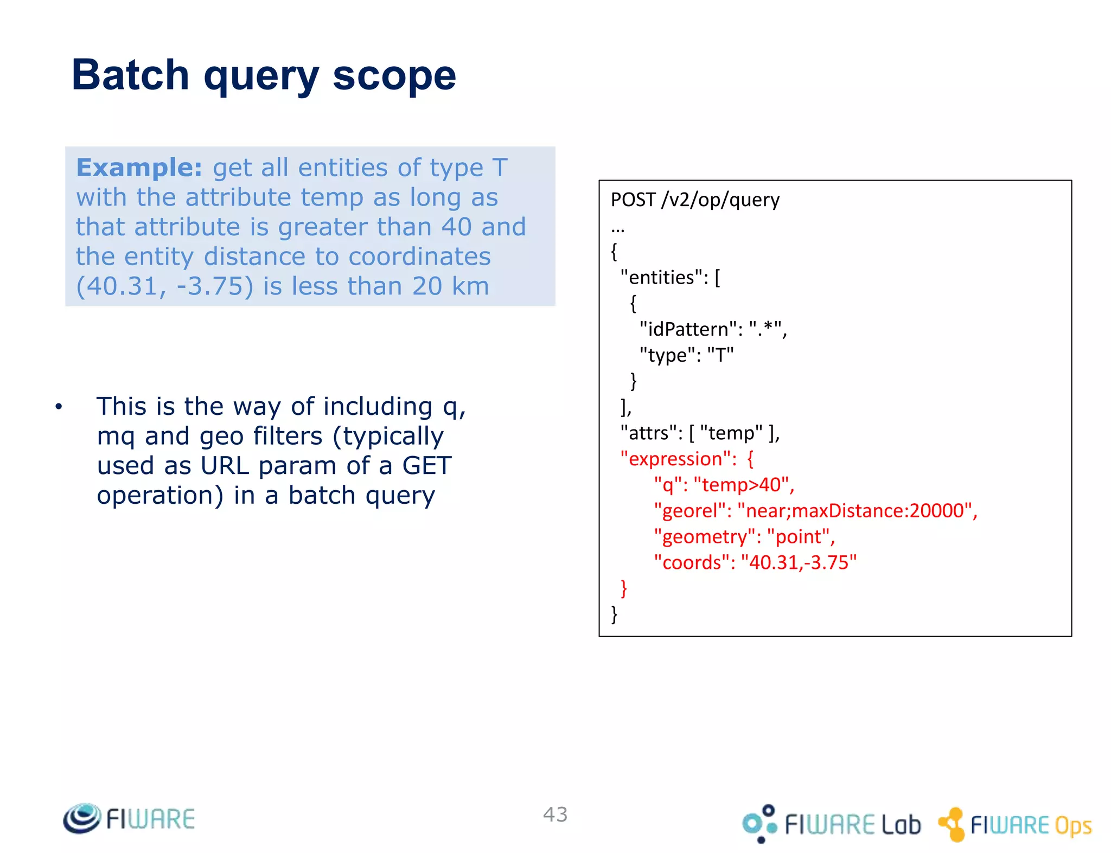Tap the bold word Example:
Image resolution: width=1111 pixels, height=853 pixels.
click(139, 168)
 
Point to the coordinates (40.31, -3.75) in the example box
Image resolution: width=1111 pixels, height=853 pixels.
click(164, 286)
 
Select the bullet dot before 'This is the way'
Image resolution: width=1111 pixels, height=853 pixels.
click(59, 407)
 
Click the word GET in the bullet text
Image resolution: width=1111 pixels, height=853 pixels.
click(426, 465)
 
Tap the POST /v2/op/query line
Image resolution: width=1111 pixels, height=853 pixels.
click(695, 200)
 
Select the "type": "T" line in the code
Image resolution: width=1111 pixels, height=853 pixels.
click(686, 355)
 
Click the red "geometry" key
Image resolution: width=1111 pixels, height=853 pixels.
click(704, 536)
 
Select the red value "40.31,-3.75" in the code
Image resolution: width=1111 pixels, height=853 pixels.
click(798, 562)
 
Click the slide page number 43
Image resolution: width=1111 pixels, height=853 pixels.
click(555, 814)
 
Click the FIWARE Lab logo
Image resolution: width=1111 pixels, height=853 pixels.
click(832, 824)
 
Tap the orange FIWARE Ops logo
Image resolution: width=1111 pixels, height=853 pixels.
click(1015, 824)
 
